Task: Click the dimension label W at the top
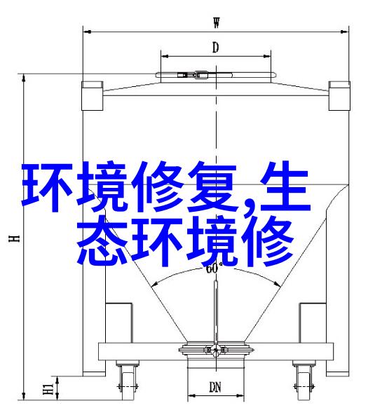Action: [x=217, y=22]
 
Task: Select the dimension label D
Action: [x=216, y=48]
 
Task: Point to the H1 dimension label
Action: [x=48, y=388]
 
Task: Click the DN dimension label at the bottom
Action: [x=215, y=387]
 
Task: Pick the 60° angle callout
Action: [x=212, y=269]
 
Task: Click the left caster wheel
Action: [x=128, y=387]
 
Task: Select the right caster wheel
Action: [x=304, y=387]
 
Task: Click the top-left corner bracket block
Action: [x=92, y=96]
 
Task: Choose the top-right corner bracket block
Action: [x=339, y=96]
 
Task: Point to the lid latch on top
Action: [x=193, y=75]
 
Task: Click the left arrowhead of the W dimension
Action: [x=87, y=32]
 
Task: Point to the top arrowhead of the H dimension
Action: [x=24, y=78]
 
